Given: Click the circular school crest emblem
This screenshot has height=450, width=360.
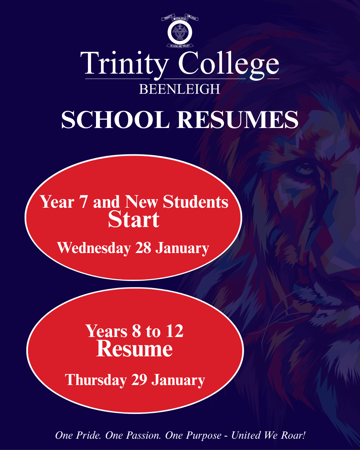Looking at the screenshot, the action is coord(180,32).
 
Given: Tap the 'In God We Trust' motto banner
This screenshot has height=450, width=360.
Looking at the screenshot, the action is coord(180,46).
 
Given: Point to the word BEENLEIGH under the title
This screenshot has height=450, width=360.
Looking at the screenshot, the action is coord(179,89).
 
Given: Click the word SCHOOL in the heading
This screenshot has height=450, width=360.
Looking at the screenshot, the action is coord(115,120).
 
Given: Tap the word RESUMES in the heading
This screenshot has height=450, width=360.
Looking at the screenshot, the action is coord(238,120).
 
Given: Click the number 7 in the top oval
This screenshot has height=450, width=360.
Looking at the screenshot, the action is coord(83,202).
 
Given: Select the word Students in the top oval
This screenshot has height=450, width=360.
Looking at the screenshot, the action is coord(196,202).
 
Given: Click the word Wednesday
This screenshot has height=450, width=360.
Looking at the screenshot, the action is coord(94,248).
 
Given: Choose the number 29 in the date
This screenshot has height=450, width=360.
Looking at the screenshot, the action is coord(139,380).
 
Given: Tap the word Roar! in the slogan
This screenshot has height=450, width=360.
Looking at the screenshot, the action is coord(293,435).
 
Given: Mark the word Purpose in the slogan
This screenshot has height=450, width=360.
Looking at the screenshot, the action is coord(204,436).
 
